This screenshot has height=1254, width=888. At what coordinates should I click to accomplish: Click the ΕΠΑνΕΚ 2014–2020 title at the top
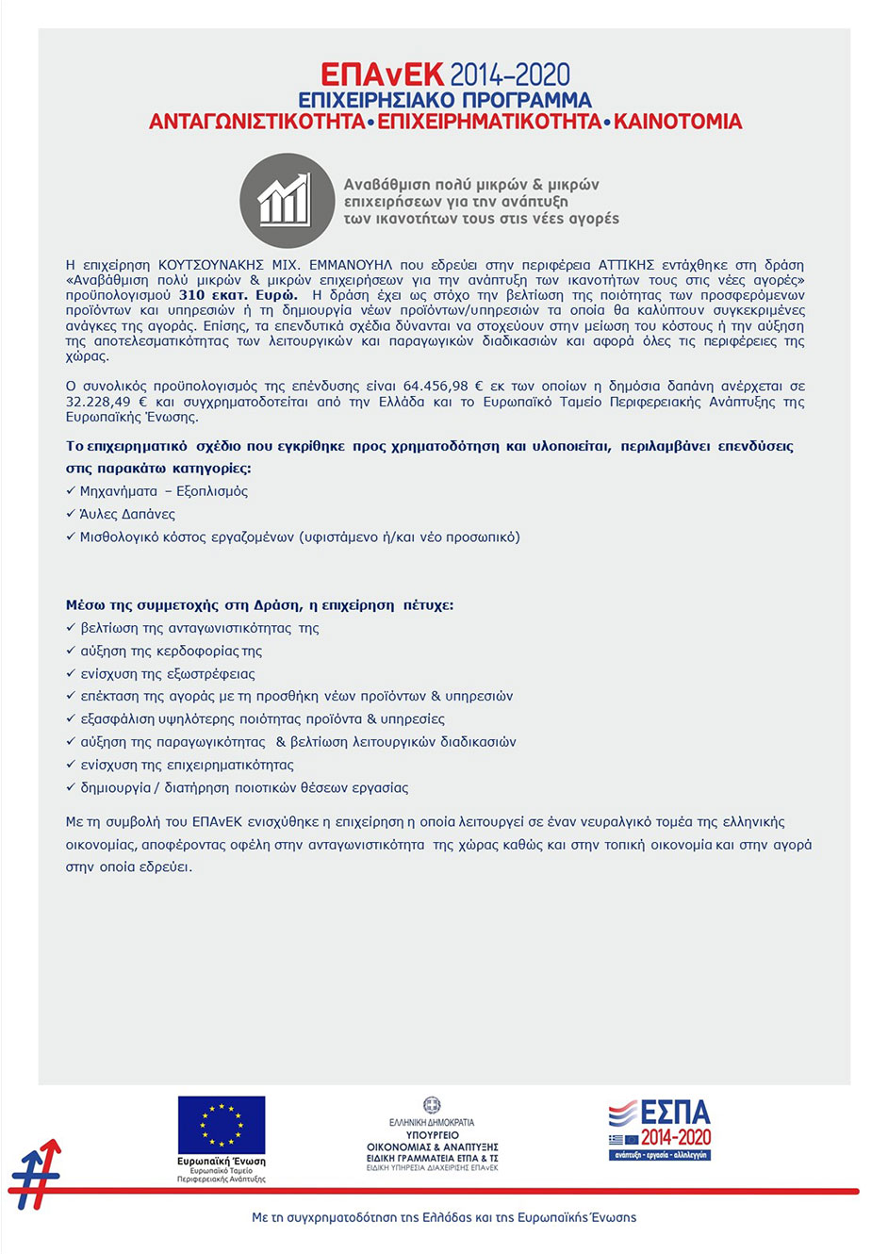[x=444, y=74]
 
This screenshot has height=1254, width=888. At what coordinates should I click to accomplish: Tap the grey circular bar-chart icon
[x=286, y=201]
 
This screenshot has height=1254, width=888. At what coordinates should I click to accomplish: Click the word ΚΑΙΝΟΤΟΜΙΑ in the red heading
[x=678, y=122]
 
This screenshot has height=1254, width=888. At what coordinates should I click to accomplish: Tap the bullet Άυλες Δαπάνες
[x=127, y=514]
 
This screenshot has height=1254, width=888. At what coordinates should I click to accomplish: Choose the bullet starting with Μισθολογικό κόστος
[x=299, y=537]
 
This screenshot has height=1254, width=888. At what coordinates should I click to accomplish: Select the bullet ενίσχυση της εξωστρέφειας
[x=168, y=674]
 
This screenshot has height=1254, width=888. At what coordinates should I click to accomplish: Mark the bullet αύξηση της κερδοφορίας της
[x=171, y=651]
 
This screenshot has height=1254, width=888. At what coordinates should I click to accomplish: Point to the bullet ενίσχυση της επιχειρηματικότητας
[x=187, y=765]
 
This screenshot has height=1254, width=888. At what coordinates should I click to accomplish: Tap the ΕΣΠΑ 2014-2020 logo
[x=660, y=1129]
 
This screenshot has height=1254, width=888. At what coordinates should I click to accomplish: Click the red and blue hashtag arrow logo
[x=35, y=1175]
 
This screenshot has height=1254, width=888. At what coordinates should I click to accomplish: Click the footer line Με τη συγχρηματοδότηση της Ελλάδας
[x=444, y=1217]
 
